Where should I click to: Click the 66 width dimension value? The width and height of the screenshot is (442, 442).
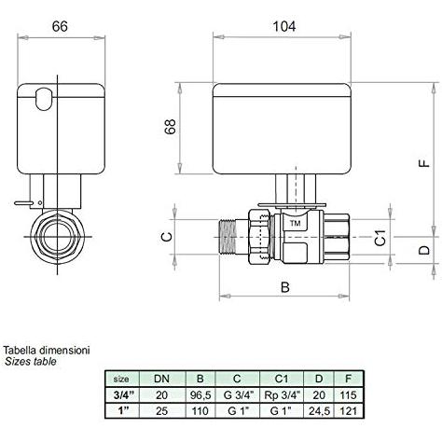pos(60,26)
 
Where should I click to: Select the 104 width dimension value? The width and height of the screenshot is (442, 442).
pos(284,26)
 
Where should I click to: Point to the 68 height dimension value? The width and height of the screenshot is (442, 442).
pos(171,127)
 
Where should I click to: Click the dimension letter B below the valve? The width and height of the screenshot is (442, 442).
pos(284,287)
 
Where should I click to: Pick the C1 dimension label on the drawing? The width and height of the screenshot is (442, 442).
pos(380,238)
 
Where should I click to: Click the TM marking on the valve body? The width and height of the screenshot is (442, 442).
pos(295,223)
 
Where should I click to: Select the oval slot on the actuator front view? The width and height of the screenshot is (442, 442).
pos(44,99)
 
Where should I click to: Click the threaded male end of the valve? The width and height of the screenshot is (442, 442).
pos(228,237)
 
